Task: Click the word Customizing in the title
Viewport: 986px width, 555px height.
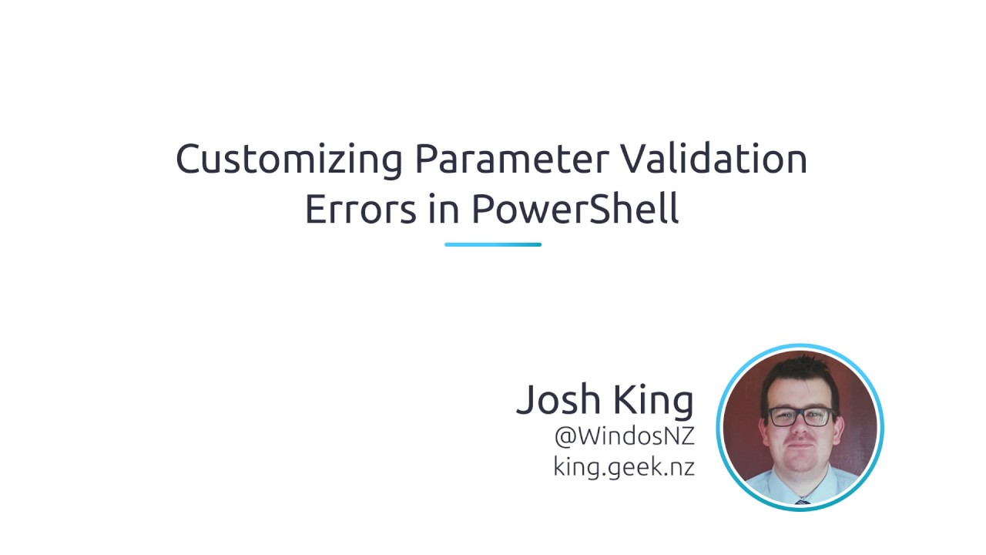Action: tap(289, 160)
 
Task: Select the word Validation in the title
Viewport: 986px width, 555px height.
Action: tap(714, 158)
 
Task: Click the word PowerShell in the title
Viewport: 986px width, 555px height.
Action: tap(575, 209)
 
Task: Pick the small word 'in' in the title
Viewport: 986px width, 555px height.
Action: tap(442, 209)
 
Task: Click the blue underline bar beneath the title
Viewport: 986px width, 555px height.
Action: tap(493, 244)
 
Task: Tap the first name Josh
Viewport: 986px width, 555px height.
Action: tap(558, 399)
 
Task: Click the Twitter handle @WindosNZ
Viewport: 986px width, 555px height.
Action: tap(624, 436)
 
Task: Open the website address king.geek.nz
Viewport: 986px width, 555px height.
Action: tap(624, 467)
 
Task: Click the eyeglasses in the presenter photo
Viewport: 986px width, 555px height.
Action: tap(800, 417)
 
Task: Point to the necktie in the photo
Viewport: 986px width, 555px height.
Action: tap(802, 501)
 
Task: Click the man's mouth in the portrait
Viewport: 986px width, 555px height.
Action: tap(800, 453)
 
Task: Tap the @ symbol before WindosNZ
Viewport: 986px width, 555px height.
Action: tap(565, 437)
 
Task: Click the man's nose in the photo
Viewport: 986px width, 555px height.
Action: tap(800, 432)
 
